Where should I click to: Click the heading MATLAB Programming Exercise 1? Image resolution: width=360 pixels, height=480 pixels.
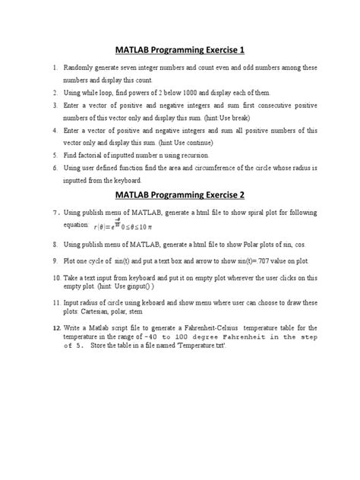point(179,51)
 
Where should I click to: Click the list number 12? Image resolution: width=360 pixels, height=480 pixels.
point(55,327)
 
